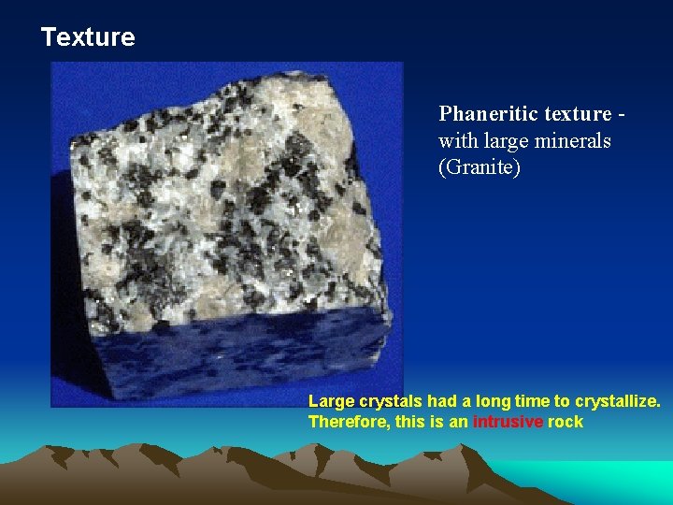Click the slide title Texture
click(x=88, y=37)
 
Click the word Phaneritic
click(x=486, y=114)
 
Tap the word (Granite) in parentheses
click(x=480, y=168)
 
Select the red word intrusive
click(x=508, y=422)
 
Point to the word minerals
click(x=574, y=141)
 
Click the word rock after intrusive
click(x=566, y=422)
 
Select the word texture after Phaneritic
click(x=577, y=114)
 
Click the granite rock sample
click(x=224, y=206)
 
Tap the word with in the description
click(x=456, y=141)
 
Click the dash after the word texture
click(x=621, y=115)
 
